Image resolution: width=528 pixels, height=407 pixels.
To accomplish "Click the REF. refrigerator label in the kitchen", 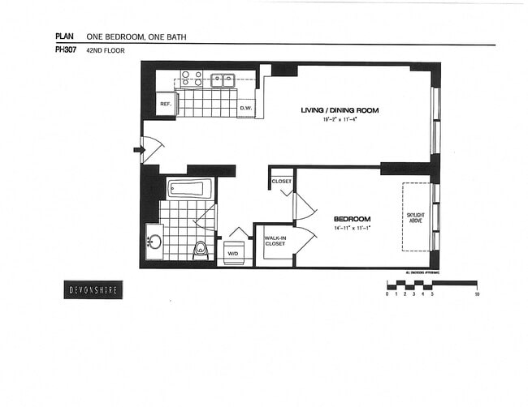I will point(164,104).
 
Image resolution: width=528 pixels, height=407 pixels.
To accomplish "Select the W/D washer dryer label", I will point(232,254).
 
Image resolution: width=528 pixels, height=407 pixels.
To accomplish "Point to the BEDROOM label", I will point(352,219).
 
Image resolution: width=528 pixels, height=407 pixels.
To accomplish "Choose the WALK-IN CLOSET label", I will point(275,241).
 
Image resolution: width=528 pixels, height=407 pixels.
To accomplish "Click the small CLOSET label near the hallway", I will point(282,182).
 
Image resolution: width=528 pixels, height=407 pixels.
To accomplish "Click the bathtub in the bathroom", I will point(189,188).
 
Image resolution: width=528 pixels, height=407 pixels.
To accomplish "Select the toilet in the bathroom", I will point(200,250).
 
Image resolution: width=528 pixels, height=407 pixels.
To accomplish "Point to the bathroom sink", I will point(154,242).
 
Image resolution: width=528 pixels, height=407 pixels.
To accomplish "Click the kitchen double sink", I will point(223,80).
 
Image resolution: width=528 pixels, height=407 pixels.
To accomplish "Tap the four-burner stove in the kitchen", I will point(191,79).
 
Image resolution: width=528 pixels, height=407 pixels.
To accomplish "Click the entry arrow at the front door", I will point(137,149).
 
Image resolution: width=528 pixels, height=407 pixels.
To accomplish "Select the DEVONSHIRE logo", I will point(93,289).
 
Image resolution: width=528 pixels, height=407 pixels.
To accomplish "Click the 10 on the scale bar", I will point(477,294).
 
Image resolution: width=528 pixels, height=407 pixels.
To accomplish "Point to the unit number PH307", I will point(66,50).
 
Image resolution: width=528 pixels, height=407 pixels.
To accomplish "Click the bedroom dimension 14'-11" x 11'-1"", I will point(352,229).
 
